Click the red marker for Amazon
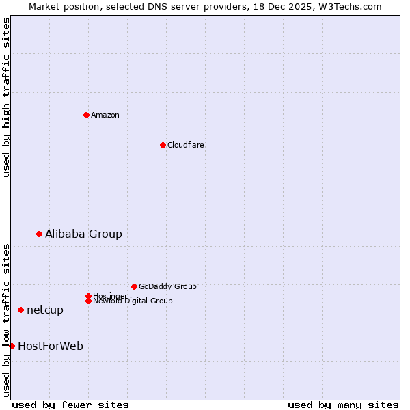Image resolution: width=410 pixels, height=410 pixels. tap(86, 115)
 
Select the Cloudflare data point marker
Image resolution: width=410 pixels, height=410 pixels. tap(163, 145)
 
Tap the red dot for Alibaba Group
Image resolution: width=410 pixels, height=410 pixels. tap(39, 234)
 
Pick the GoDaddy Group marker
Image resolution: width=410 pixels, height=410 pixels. tap(134, 286)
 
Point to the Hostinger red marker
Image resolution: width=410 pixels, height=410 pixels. tap(88, 296)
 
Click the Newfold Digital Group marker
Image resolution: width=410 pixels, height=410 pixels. tap(88, 301)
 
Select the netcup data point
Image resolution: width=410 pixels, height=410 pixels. tap(20, 310)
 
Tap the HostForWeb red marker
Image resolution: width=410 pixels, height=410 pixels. tap(12, 346)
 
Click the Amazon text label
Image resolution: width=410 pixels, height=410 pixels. tap(105, 115)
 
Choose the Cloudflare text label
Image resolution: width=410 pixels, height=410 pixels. tap(185, 145)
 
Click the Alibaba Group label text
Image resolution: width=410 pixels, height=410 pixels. tap(83, 234)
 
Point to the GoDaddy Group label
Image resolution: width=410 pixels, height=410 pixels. tap(167, 286)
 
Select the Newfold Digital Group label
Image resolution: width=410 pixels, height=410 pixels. tap(133, 301)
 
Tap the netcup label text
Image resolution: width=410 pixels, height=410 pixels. tap(45, 310)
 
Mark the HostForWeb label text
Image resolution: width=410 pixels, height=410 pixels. tap(51, 346)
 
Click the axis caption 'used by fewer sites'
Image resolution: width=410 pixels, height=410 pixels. tap(70, 405)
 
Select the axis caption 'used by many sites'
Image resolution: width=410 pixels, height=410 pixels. tap(343, 405)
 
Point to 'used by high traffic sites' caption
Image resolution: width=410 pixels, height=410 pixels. tap(7, 97)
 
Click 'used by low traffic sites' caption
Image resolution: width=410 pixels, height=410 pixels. tap(7, 320)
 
